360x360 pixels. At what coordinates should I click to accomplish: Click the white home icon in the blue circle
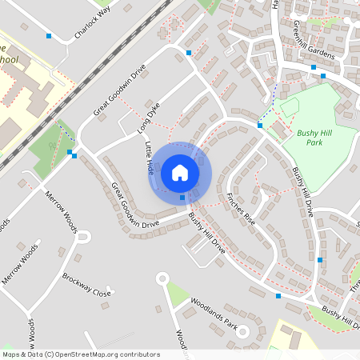(180, 172)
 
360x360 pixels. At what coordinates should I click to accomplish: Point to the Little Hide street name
(150, 158)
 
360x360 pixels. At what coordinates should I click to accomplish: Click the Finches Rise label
(240, 208)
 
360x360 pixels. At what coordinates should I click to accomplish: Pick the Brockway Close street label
(86, 285)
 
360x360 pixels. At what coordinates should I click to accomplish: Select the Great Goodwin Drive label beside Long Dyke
(122, 90)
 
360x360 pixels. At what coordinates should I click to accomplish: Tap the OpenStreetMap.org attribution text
(80, 354)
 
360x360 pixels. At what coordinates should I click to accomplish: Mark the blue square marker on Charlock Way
(49, 36)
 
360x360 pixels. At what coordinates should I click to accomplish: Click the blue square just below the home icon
(182, 197)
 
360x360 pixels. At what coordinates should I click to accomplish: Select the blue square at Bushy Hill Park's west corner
(260, 126)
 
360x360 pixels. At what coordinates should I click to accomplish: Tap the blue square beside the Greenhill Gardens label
(314, 67)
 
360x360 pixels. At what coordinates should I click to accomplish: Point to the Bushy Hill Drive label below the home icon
(206, 233)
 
